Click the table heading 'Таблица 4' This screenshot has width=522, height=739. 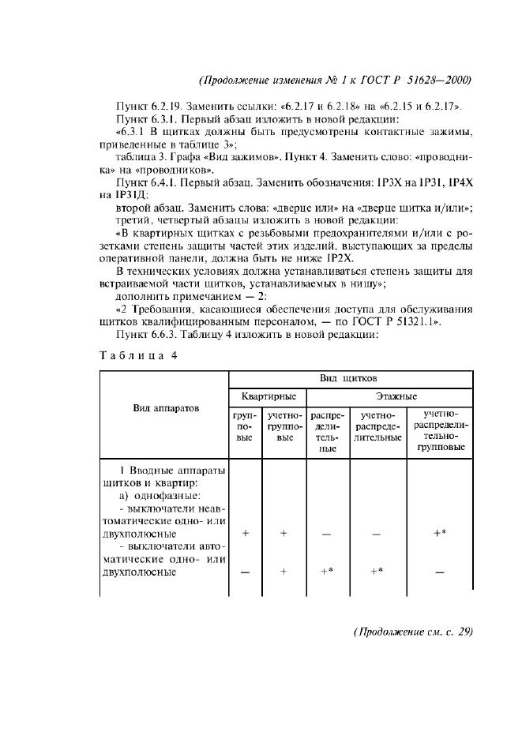pos(140,354)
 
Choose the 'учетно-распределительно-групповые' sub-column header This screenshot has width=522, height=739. pos(440,430)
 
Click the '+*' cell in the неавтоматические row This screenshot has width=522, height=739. pos(440,533)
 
